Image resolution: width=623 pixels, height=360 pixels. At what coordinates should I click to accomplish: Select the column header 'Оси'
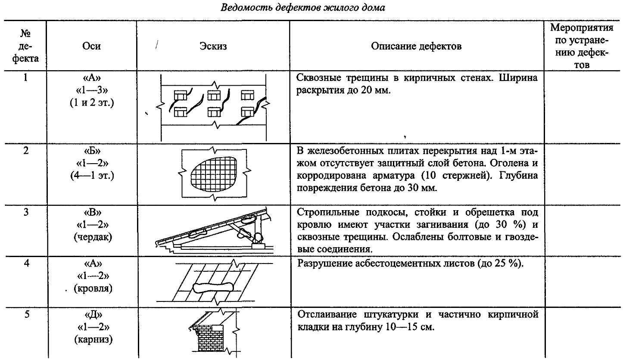coord(91,46)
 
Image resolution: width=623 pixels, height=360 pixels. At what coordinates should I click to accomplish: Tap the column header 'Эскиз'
coord(213,46)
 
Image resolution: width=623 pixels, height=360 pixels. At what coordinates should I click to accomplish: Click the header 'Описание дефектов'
coord(416,46)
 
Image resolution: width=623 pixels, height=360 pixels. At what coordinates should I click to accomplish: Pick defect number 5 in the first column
coord(27,314)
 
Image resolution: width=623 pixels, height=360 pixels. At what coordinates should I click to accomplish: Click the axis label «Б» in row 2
coord(91,152)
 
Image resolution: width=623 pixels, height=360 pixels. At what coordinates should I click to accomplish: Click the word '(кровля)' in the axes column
coord(93,288)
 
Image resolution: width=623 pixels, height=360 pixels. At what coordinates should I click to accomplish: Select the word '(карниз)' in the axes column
coord(92,340)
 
